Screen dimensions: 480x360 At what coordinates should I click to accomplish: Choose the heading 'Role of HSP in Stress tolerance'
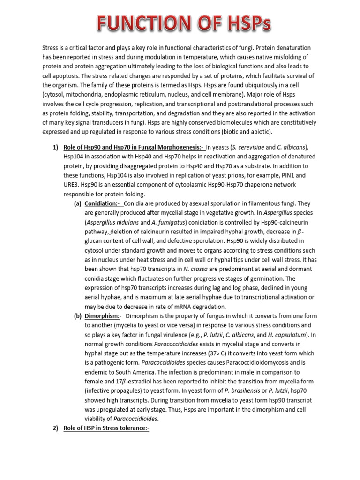106,428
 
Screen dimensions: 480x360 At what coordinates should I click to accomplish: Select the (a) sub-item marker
78,203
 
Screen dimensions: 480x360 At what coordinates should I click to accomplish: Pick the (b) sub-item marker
78,316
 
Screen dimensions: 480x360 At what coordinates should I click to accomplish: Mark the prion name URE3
71,185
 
